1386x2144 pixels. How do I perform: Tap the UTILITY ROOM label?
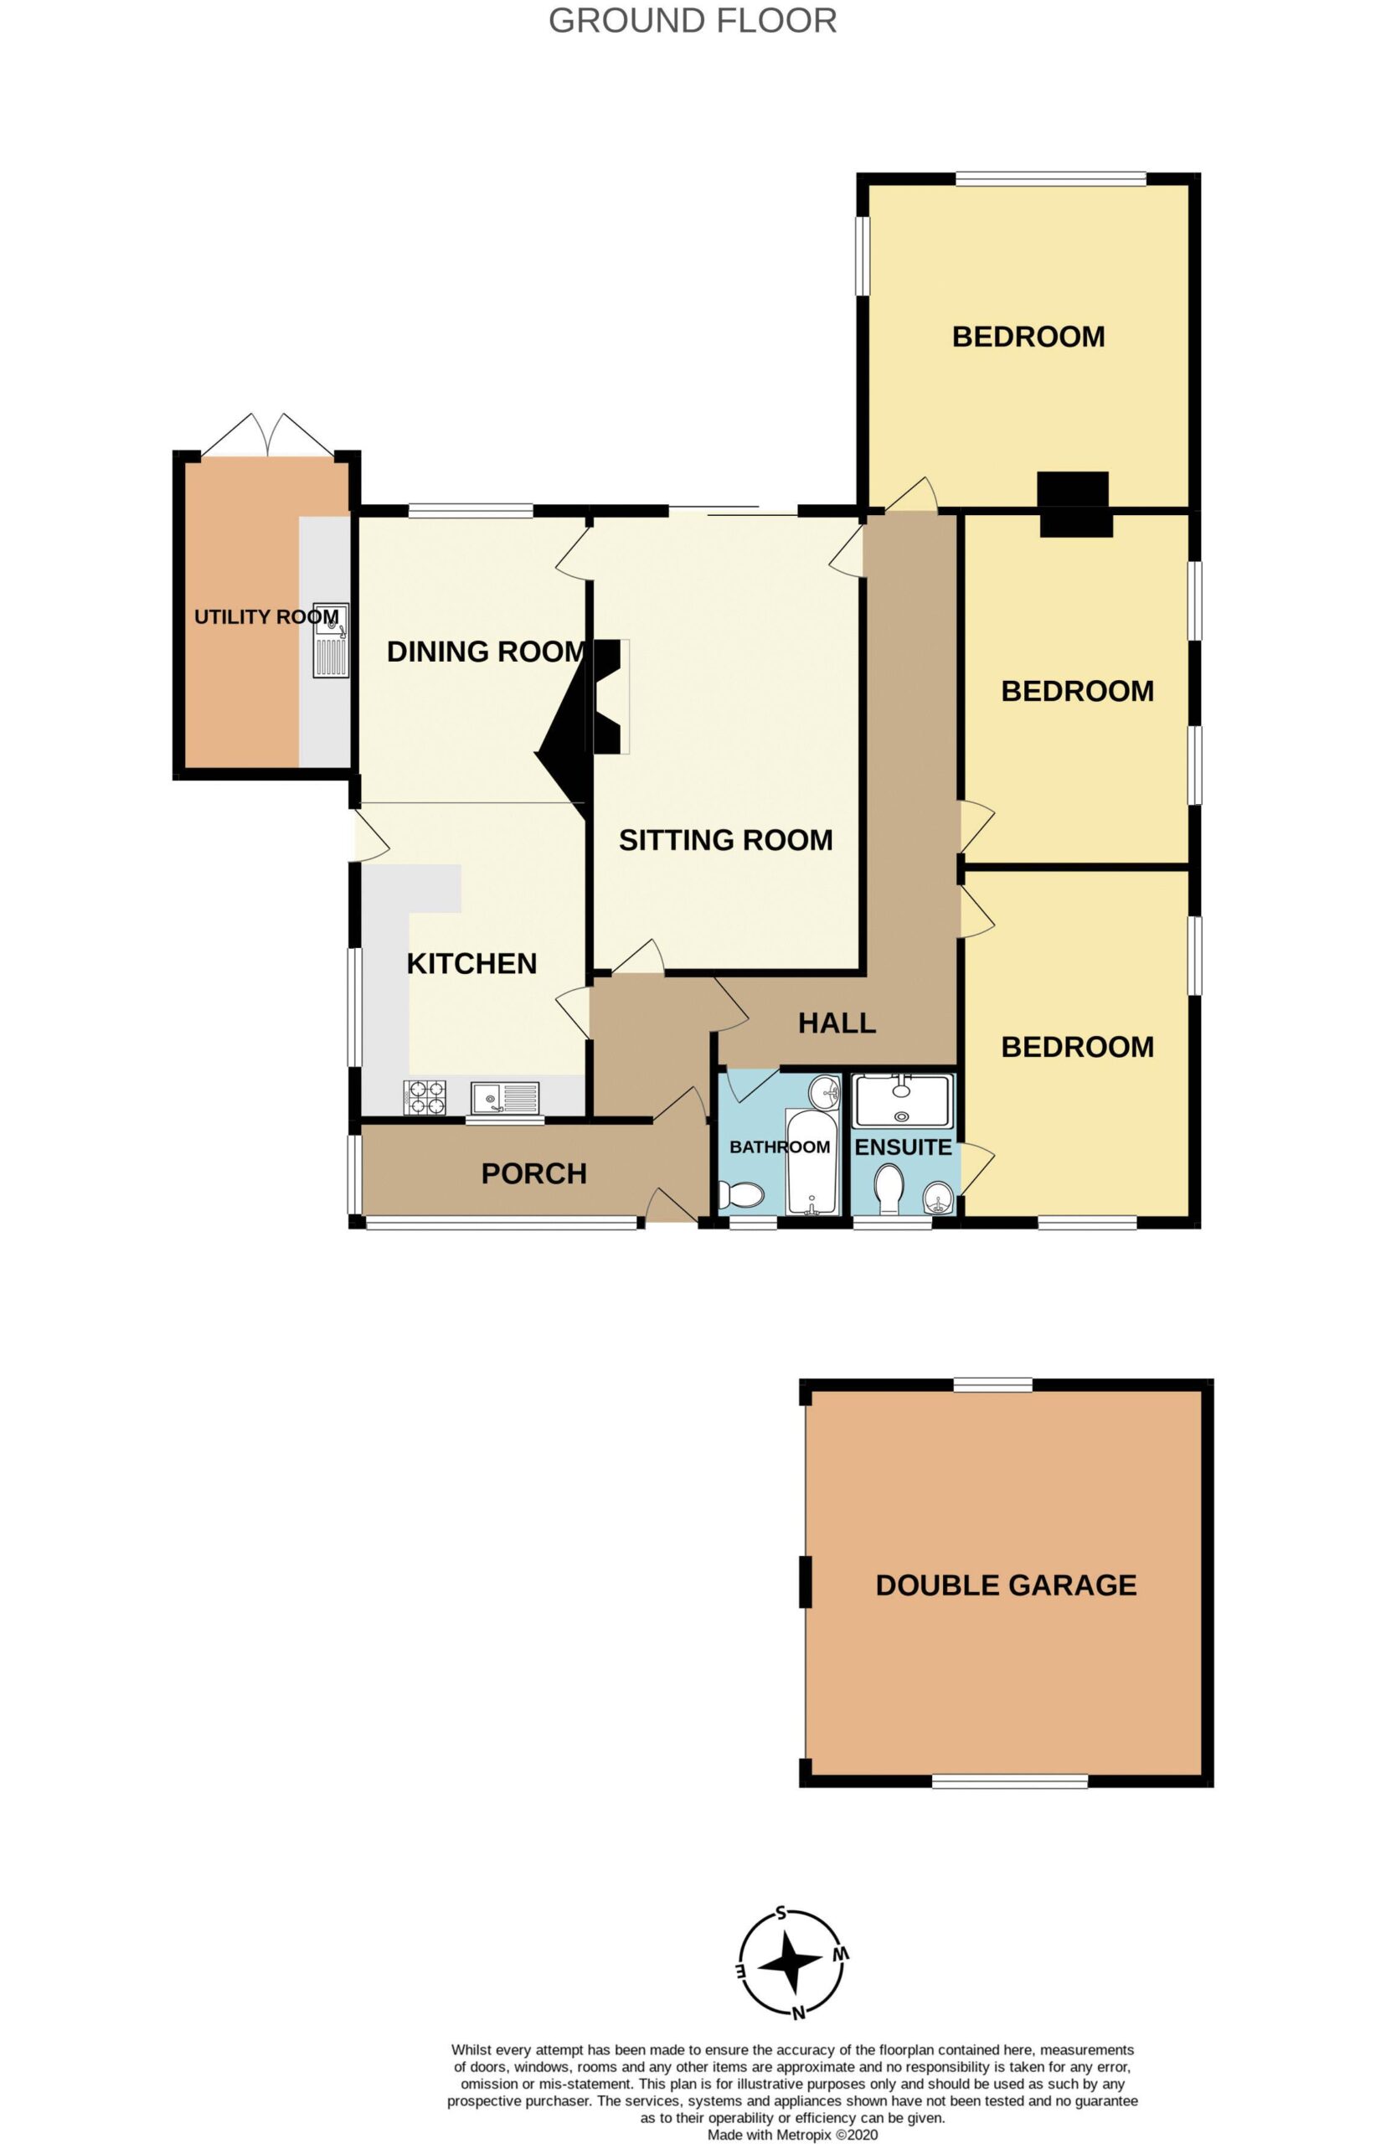click(x=266, y=616)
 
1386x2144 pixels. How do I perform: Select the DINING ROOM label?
click(x=486, y=651)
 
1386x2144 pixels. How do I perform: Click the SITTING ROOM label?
click(x=725, y=840)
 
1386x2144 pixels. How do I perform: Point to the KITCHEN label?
click(x=471, y=963)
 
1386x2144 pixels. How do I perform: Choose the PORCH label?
click(x=533, y=1172)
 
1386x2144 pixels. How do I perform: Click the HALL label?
click(x=837, y=1023)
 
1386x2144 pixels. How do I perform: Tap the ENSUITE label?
click(x=903, y=1147)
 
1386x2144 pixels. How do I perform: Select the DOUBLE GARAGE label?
click(x=1006, y=1585)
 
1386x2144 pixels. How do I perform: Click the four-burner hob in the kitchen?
click(x=425, y=1097)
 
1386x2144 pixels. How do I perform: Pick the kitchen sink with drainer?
click(x=505, y=1098)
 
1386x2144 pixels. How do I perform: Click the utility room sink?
click(x=330, y=640)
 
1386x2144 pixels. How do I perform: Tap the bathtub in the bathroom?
click(x=812, y=1161)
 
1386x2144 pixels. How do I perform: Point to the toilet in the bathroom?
click(x=743, y=1195)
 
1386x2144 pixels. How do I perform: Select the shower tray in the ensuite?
click(x=902, y=1100)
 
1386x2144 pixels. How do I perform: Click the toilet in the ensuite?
click(x=889, y=1189)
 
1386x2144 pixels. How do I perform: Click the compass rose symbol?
click(x=792, y=1963)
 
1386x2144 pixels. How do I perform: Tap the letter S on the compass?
click(x=781, y=1913)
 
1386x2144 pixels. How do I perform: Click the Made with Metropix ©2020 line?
click(x=792, y=2134)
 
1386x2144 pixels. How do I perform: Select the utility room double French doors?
click(x=266, y=435)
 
